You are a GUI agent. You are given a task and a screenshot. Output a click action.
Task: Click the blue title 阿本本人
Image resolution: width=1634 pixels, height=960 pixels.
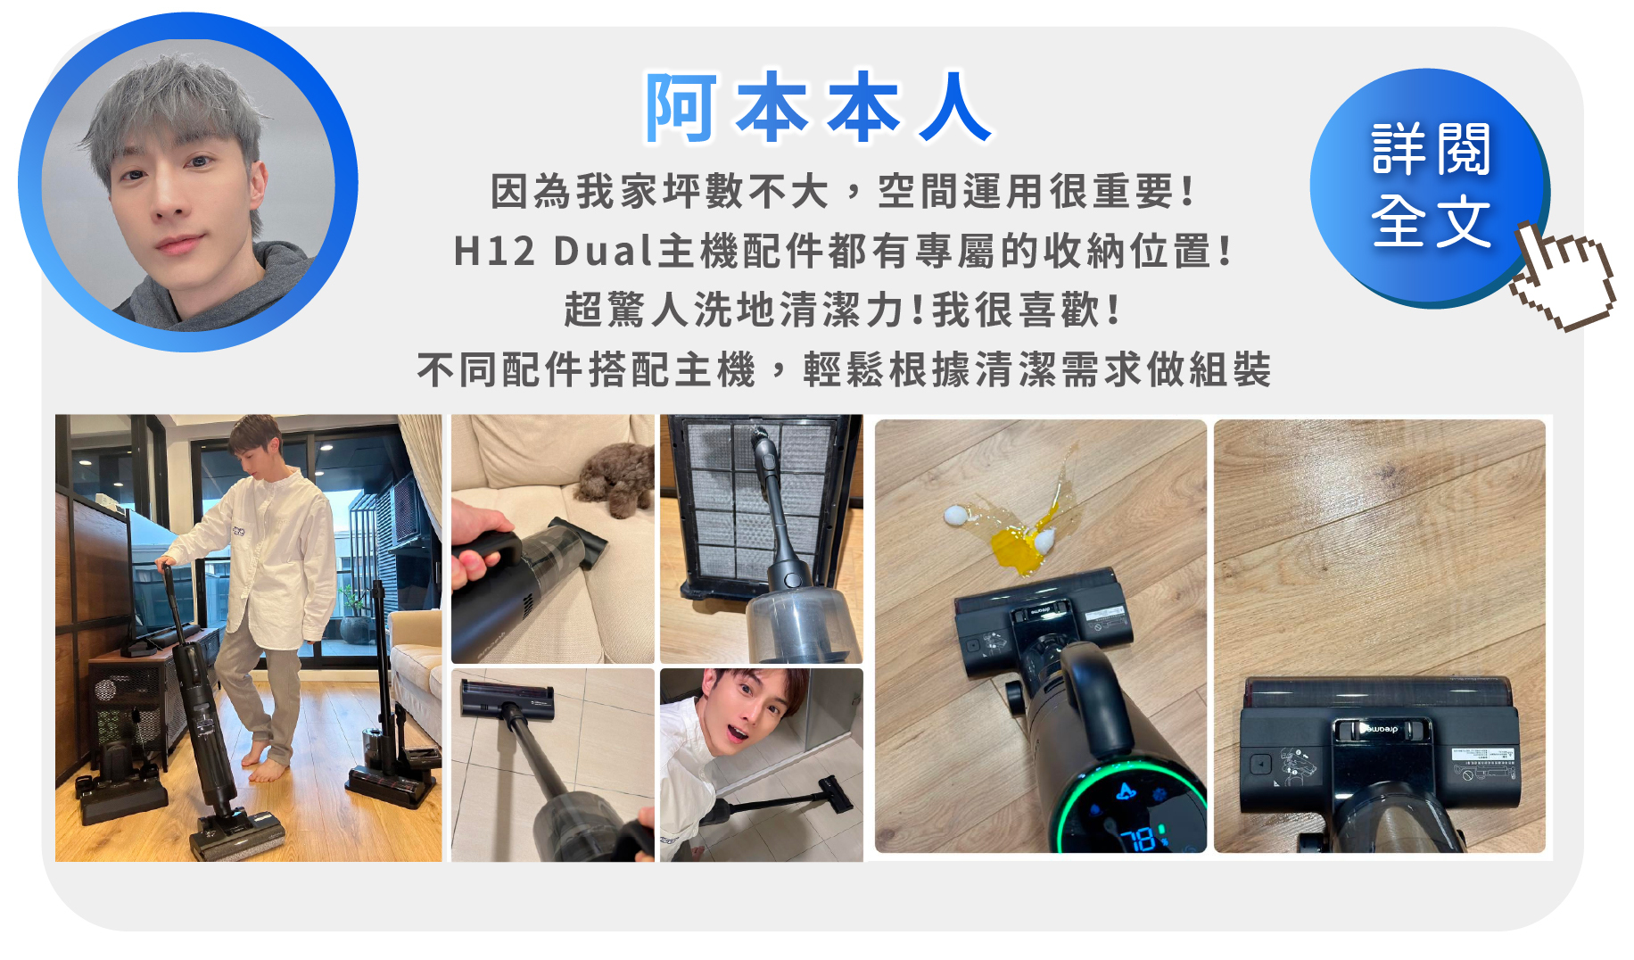[x=817, y=108]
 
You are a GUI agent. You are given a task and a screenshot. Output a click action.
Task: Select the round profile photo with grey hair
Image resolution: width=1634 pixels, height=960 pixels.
[x=187, y=183]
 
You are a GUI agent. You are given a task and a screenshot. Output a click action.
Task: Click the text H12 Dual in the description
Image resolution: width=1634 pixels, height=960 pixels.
[x=553, y=252]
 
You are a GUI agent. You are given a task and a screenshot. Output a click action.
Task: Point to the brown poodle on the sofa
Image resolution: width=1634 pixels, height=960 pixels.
[x=616, y=477]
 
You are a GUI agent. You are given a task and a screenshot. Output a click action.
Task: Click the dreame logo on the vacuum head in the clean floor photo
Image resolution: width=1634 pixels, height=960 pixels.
[x=1381, y=728]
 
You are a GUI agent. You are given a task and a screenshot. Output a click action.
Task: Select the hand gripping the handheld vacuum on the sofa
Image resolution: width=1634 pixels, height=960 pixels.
[x=474, y=553]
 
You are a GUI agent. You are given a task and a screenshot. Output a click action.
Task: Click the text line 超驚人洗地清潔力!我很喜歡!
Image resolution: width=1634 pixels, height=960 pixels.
[x=842, y=310]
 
